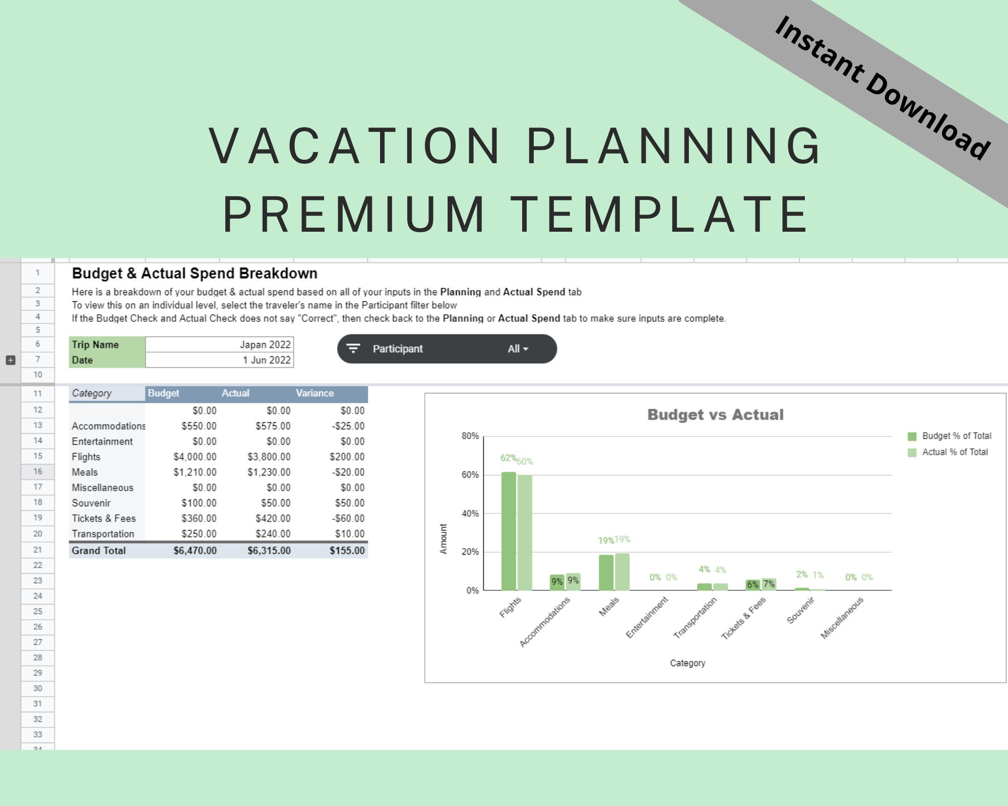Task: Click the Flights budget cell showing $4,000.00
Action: pyautogui.click(x=195, y=457)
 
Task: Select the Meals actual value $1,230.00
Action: pyautogui.click(x=269, y=473)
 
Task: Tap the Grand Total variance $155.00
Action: pyautogui.click(x=347, y=551)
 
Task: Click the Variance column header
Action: pyautogui.click(x=315, y=393)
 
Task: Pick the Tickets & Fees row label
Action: pyautogui.click(x=104, y=518)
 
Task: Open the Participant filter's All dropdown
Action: pyautogui.click(x=518, y=349)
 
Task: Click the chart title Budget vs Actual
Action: pyautogui.click(x=715, y=415)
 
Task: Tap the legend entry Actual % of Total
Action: pyautogui.click(x=955, y=452)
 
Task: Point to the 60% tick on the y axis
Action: pyautogui.click(x=470, y=475)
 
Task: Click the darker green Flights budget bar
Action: pyautogui.click(x=509, y=531)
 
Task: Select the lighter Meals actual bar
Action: pyautogui.click(x=622, y=572)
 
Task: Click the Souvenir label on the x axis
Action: pyautogui.click(x=800, y=611)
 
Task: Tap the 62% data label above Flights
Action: pyautogui.click(x=508, y=458)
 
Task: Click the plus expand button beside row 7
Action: pyautogui.click(x=11, y=360)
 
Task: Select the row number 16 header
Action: pyautogui.click(x=38, y=472)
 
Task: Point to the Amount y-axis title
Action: pyautogui.click(x=444, y=539)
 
